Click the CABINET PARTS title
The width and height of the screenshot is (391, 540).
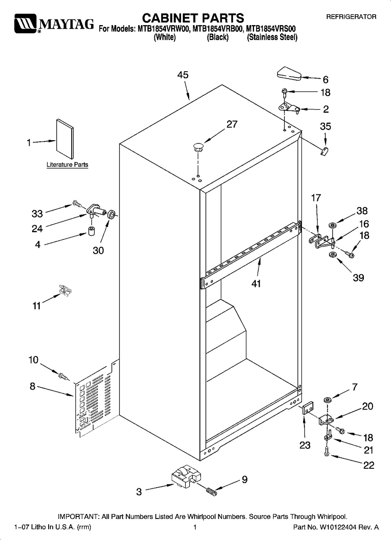pyautogui.click(x=193, y=18)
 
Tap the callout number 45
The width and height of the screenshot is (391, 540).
pyautogui.click(x=183, y=75)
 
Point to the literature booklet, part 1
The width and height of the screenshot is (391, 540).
pyautogui.click(x=65, y=139)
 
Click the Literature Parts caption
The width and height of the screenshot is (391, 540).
pyautogui.click(x=67, y=165)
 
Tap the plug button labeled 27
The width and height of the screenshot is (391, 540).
pyautogui.click(x=198, y=147)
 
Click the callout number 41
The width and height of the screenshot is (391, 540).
pyautogui.click(x=256, y=284)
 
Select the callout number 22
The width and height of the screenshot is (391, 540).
pyautogui.click(x=369, y=465)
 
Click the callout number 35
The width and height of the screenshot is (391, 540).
pyautogui.click(x=325, y=126)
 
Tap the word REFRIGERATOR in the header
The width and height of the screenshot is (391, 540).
pyautogui.click(x=351, y=17)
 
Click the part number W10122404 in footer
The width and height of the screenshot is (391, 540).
pyautogui.click(x=336, y=527)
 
